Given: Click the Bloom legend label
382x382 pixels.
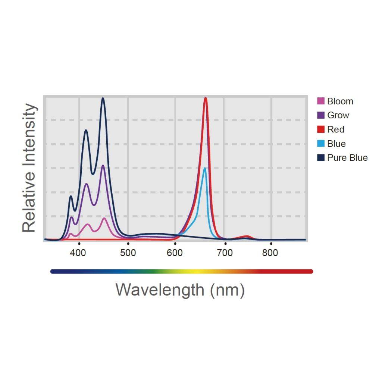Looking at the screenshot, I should pos(340,101).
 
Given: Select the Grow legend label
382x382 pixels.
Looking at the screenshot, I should pos(338,115).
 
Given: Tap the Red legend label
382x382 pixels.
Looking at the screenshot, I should pos(335,129).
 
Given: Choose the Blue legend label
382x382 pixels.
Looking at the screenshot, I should pos(336,144).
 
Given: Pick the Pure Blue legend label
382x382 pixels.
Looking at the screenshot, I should pos(347,158).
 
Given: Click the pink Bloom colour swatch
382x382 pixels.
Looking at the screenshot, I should pos(321,101).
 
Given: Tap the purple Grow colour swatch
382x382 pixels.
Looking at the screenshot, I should pos(321,115).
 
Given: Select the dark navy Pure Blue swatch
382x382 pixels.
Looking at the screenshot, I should pos(321,158).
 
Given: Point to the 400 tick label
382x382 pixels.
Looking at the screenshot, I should pos(78,253).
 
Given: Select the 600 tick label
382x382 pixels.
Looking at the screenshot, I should pos(175,253).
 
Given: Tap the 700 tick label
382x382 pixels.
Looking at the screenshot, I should pos(225,253).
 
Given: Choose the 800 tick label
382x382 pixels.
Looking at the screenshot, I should pos(270,253).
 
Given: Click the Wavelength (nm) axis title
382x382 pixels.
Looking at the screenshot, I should pos(180,290).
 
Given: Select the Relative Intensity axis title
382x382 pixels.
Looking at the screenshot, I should pos(30,168).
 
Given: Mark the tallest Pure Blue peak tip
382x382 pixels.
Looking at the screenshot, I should pos(103,98).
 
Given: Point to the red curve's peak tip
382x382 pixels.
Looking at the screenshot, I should pos(206,98).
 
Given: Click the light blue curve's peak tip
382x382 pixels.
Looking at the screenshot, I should pos(204,168).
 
